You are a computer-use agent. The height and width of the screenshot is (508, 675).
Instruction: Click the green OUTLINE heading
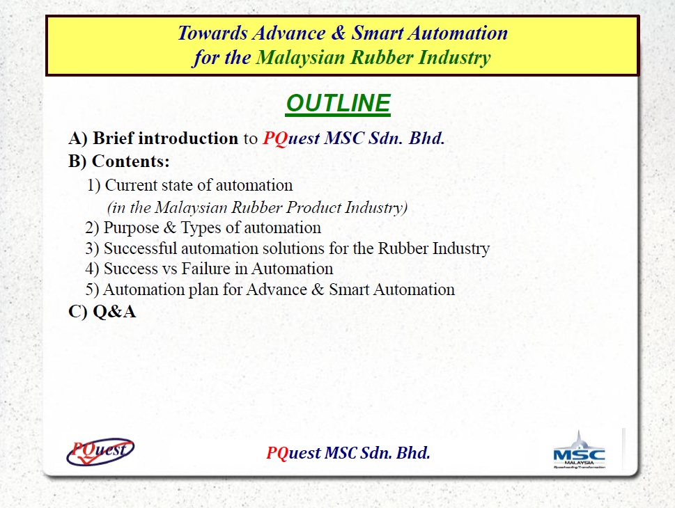338,104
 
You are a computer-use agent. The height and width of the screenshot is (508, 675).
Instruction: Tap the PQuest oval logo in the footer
100,451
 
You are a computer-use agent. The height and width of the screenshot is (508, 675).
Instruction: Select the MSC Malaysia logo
579,451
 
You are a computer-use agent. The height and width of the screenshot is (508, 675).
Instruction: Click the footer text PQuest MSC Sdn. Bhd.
348,453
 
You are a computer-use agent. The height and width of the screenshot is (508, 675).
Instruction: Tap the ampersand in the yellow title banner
341,33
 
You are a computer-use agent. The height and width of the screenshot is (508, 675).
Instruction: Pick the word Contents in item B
130,161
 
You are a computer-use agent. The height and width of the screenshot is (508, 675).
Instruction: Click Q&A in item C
114,312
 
